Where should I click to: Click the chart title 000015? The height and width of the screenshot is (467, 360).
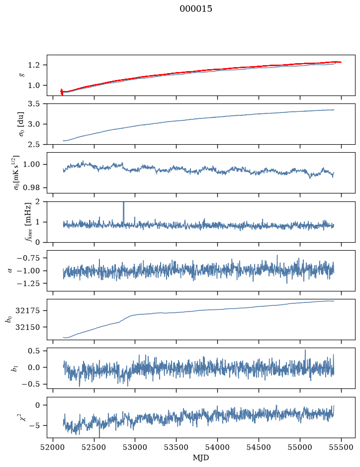(196, 9)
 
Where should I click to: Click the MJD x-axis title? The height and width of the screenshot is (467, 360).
(201, 458)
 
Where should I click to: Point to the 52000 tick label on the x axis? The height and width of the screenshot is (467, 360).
(53, 447)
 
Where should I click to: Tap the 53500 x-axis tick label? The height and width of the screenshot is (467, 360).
(177, 447)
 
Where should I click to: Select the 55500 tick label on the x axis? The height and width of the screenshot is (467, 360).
(341, 447)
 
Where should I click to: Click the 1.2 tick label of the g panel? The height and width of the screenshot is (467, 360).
(34, 65)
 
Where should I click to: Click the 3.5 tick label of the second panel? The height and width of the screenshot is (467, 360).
(34, 104)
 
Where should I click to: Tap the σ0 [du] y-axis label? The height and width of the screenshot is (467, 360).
(21, 124)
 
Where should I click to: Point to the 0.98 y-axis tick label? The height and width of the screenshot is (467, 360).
(31, 188)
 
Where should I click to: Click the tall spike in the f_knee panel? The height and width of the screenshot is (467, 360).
(124, 213)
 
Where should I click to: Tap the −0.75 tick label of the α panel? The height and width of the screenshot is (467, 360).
(28, 258)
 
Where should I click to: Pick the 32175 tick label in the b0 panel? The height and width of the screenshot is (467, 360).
(27, 311)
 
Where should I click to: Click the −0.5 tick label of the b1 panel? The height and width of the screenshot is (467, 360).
(30, 384)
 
